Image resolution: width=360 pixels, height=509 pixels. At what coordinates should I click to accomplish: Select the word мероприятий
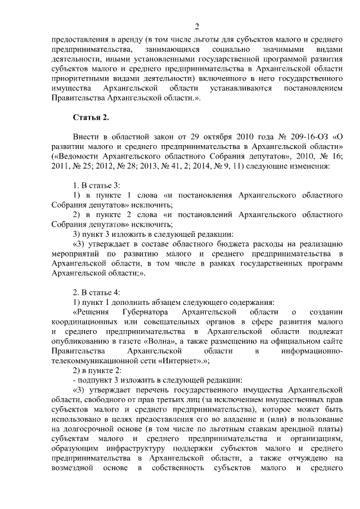(74, 254)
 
